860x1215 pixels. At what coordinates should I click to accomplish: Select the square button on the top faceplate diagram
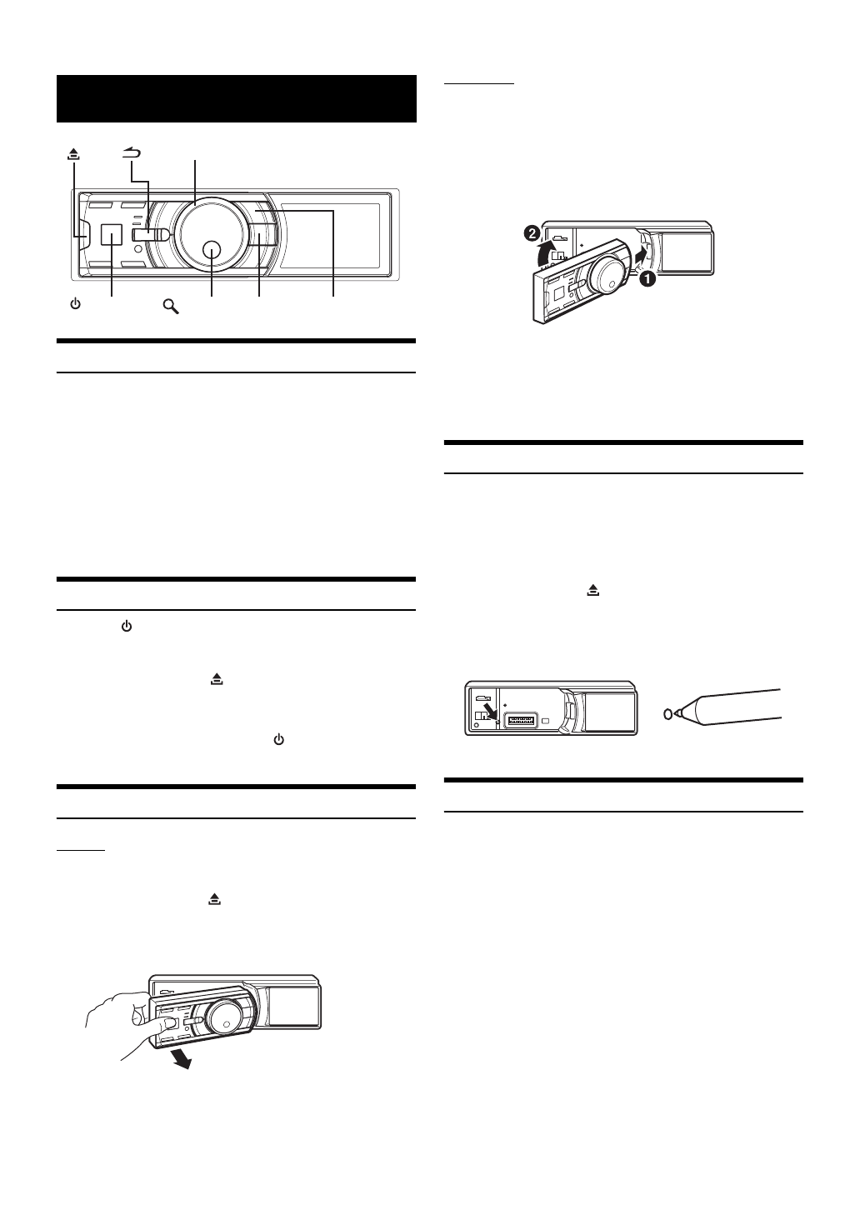coord(111,236)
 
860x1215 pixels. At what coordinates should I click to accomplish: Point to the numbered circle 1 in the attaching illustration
coord(647,281)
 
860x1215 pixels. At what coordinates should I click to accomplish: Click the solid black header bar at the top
coord(236,98)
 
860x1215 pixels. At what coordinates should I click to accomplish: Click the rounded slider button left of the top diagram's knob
coord(156,236)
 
